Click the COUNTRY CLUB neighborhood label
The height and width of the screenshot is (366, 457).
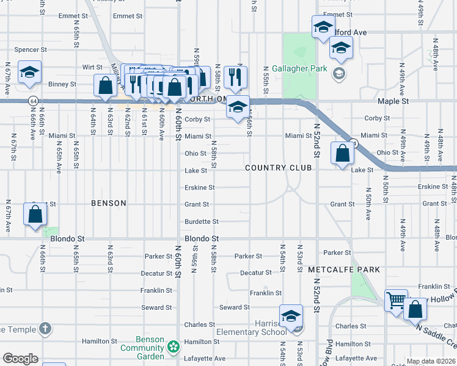[x=278, y=168]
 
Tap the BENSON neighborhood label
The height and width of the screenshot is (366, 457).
[x=109, y=203]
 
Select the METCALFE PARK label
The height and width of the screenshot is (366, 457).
[x=344, y=269]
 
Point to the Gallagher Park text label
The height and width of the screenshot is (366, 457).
[x=300, y=69]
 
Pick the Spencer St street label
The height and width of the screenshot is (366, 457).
[x=31, y=49]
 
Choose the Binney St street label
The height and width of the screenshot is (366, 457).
[x=63, y=84]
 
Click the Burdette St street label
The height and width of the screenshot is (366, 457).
[x=202, y=221]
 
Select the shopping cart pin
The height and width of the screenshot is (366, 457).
[x=397, y=300]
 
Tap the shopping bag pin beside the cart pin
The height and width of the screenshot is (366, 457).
[x=415, y=309]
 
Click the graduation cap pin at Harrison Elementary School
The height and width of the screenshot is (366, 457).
[x=291, y=315]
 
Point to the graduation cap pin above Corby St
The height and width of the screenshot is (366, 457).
[x=238, y=107]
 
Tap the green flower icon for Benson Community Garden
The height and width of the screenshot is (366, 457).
[x=174, y=346]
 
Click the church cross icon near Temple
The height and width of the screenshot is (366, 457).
[x=44, y=329]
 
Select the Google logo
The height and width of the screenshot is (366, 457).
[x=20, y=359]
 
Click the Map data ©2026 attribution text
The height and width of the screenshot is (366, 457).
[x=431, y=361]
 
